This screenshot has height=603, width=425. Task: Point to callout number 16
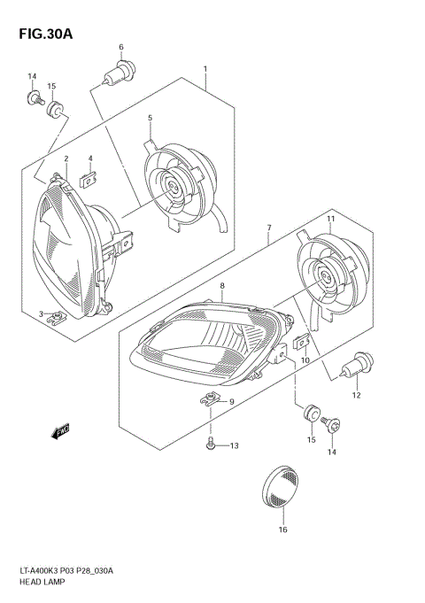(282, 530)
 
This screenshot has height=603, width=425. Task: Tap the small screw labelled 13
(211, 444)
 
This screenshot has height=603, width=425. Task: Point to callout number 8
(222, 285)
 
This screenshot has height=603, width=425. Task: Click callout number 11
(329, 218)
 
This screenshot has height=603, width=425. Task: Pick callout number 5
(150, 118)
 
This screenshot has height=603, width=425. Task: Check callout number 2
(66, 159)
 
